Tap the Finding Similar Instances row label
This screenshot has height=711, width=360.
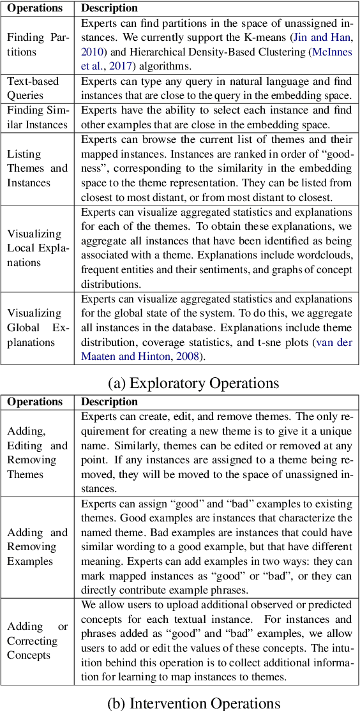pos(37,117)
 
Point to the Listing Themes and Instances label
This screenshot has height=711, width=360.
pos(37,168)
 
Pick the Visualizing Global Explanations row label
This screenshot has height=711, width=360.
pos(37,327)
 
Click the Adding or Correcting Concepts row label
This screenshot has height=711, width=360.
pos(37,641)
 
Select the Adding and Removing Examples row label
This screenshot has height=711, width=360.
pos(37,547)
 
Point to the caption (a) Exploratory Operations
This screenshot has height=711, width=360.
pos(193,383)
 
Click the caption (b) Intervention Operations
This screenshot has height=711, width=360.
pos(193,703)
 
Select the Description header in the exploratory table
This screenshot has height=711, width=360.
pos(109,8)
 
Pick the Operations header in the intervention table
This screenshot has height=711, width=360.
pos(35,402)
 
